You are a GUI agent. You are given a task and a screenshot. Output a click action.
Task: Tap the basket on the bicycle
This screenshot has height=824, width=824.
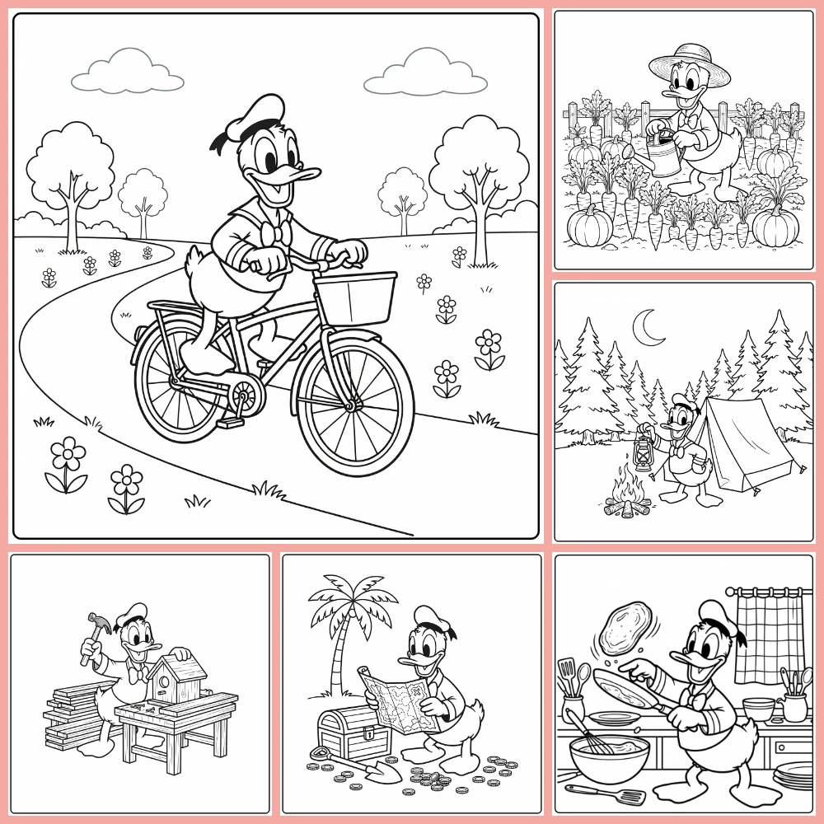[x=357, y=298]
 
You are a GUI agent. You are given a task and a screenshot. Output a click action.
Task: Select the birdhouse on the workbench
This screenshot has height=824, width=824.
[x=180, y=676]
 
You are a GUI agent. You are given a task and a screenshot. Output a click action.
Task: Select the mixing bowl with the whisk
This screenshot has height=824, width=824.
[x=609, y=759]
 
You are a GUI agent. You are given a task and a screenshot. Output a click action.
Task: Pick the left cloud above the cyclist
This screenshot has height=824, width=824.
[x=127, y=72]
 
